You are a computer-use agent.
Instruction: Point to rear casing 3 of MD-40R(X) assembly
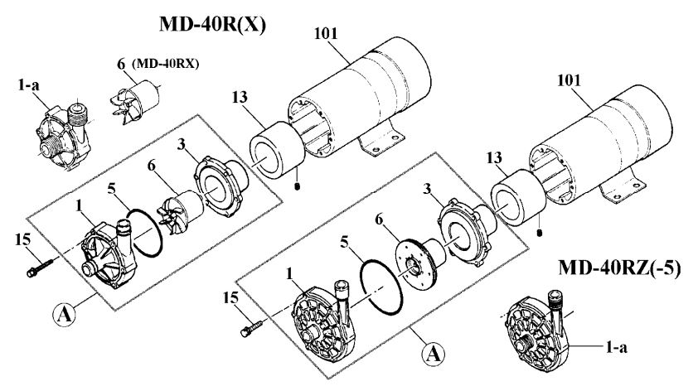221,183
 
